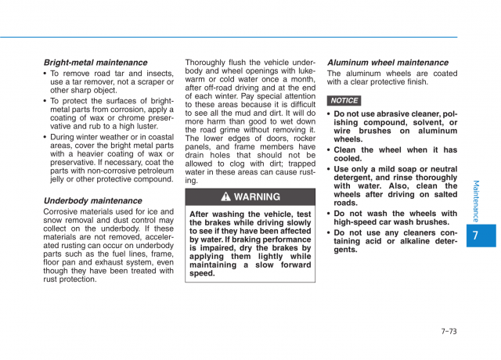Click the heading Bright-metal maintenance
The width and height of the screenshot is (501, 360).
(x=95, y=63)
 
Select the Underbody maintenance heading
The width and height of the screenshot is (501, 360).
(x=92, y=200)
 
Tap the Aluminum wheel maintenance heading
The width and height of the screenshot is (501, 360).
(x=387, y=63)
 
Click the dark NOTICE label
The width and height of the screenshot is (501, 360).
(x=344, y=100)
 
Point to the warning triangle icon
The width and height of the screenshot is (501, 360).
(x=225, y=197)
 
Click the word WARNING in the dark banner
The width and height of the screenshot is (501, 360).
(x=257, y=197)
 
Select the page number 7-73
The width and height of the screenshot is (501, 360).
(x=449, y=331)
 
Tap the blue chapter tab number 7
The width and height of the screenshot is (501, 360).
(x=477, y=236)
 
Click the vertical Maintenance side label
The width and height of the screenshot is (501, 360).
(x=476, y=200)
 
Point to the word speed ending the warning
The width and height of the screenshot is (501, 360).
(x=203, y=274)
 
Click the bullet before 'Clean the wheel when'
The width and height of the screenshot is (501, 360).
(x=329, y=150)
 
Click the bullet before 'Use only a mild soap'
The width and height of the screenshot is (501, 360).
(x=329, y=169)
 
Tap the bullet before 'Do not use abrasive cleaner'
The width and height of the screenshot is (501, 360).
(x=329, y=114)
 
